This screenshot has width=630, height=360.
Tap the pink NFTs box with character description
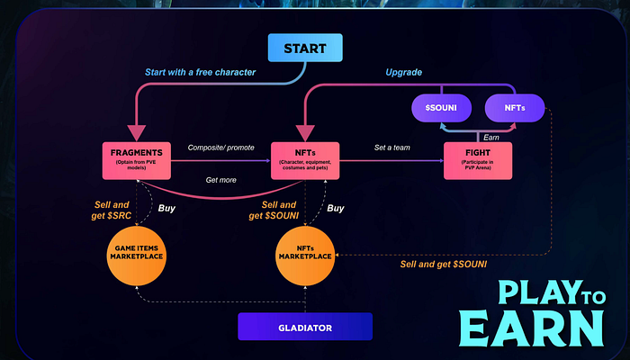[305, 160]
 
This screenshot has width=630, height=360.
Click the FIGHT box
[478, 160]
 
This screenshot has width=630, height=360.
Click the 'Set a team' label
[392, 148]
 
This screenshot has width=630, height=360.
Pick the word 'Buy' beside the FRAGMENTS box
[166, 208]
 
